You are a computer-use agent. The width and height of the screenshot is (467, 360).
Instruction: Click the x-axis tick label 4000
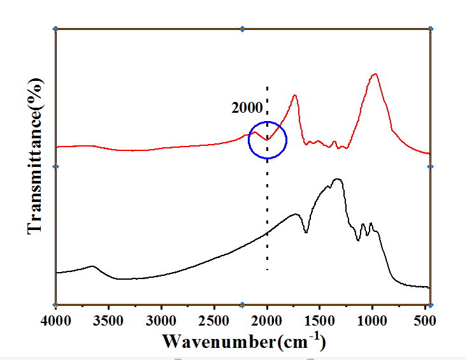[x=57, y=318]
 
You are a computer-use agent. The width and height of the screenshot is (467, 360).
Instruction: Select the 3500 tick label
[x=109, y=318]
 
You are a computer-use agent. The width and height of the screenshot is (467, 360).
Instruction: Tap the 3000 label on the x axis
[x=162, y=318]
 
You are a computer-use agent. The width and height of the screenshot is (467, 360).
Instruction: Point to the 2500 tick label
[x=214, y=318]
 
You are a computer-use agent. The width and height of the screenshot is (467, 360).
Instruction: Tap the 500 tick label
[x=426, y=318]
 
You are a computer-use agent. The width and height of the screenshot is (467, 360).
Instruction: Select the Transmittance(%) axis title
[x=36, y=156]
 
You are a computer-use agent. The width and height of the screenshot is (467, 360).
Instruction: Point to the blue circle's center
[x=268, y=140]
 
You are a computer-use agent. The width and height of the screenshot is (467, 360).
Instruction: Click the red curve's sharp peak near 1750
[x=295, y=96]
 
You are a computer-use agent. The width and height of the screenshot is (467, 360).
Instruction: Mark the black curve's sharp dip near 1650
[x=306, y=233]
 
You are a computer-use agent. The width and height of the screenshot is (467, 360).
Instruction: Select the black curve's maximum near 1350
[x=338, y=180]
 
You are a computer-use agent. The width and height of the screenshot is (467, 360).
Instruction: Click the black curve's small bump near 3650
[x=93, y=266]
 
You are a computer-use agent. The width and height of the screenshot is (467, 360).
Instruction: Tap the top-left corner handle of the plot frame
[x=56, y=29]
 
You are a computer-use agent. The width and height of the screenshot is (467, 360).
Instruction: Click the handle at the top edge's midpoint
[x=242, y=29]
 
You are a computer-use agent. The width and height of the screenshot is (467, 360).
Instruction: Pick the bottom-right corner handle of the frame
[x=430, y=305]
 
